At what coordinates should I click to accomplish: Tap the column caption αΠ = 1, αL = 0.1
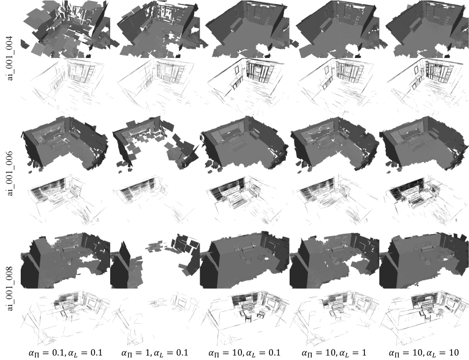point(154,353)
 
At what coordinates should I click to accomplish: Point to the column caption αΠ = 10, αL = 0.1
point(244,353)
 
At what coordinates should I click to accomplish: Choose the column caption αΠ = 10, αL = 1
point(334,353)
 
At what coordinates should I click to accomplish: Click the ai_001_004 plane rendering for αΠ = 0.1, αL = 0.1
point(65,29)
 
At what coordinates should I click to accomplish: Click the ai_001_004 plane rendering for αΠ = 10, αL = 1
point(334,29)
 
